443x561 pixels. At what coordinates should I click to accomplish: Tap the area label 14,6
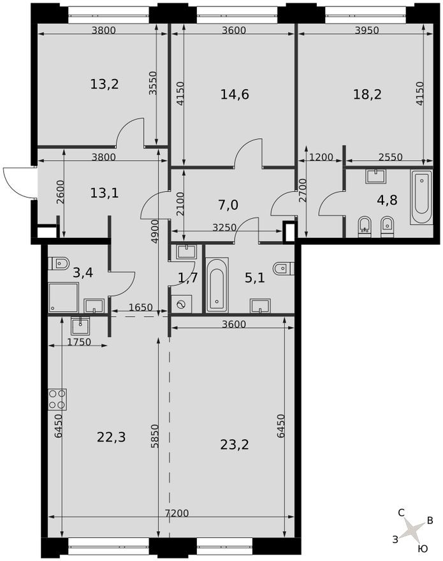(235, 94)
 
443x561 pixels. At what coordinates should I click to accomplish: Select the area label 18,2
(368, 94)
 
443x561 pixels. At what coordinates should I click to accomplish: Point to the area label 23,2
(235, 444)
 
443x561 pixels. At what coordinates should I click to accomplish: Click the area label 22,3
(111, 437)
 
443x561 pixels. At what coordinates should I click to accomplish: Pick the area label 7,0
(228, 205)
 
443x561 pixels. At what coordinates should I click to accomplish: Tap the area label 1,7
(187, 277)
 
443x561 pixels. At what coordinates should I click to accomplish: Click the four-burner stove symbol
(57, 398)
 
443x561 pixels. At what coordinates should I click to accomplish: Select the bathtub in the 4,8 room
(421, 197)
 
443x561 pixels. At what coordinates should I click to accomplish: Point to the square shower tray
(64, 297)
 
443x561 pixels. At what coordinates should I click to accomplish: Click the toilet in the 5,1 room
(282, 268)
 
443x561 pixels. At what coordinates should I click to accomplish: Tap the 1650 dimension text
(140, 307)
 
